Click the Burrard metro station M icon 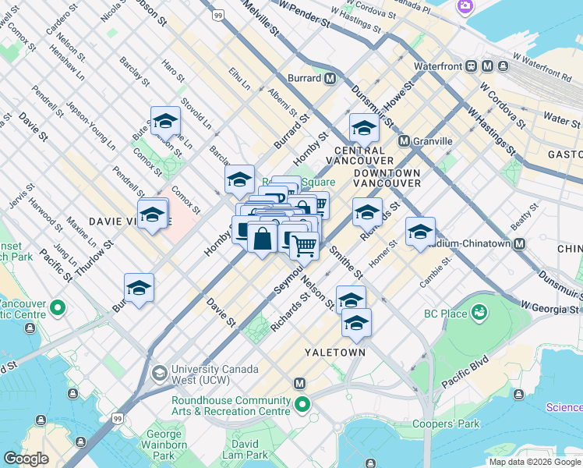coord(330,78)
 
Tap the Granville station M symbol coord(404,141)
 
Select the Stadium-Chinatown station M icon coord(519,243)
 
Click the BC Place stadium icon coord(479,314)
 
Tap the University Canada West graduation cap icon coord(159,372)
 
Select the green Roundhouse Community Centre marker coord(300,405)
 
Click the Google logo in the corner coord(26,459)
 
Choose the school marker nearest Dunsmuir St coord(364,127)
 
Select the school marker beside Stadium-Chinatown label coord(420,231)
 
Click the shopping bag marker coord(263,238)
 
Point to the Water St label coord(561,119)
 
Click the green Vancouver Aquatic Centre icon coord(57,309)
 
